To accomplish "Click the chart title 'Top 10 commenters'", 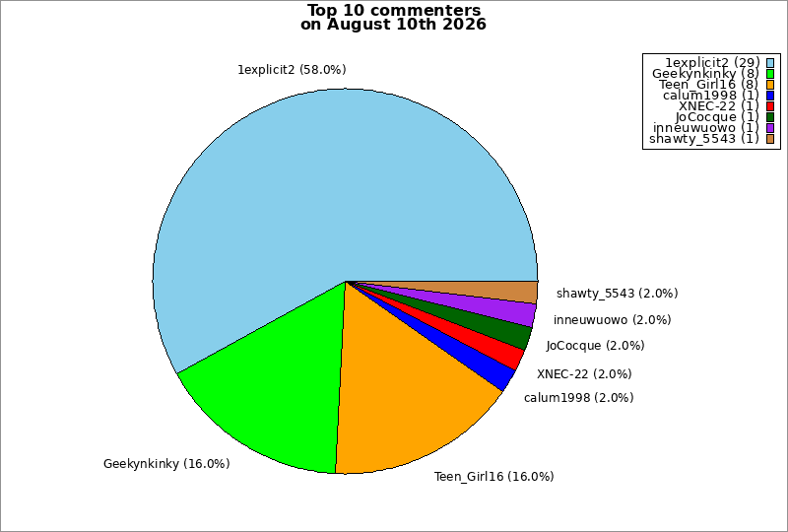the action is (x=393, y=10).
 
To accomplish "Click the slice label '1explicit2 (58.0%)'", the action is (x=292, y=70).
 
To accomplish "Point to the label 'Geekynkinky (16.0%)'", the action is (x=166, y=464).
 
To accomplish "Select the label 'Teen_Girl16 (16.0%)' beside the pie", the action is (x=494, y=477).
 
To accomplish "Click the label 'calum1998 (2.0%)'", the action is (x=578, y=398).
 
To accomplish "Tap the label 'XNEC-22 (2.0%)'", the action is (x=584, y=374).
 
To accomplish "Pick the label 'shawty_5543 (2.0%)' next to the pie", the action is (x=618, y=294).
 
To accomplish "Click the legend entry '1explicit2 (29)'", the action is (x=712, y=62).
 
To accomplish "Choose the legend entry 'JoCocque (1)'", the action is (x=717, y=117).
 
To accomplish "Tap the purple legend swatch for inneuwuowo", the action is (x=770, y=128).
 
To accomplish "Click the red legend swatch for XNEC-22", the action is (x=770, y=106).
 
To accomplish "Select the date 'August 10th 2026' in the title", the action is (x=407, y=24).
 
